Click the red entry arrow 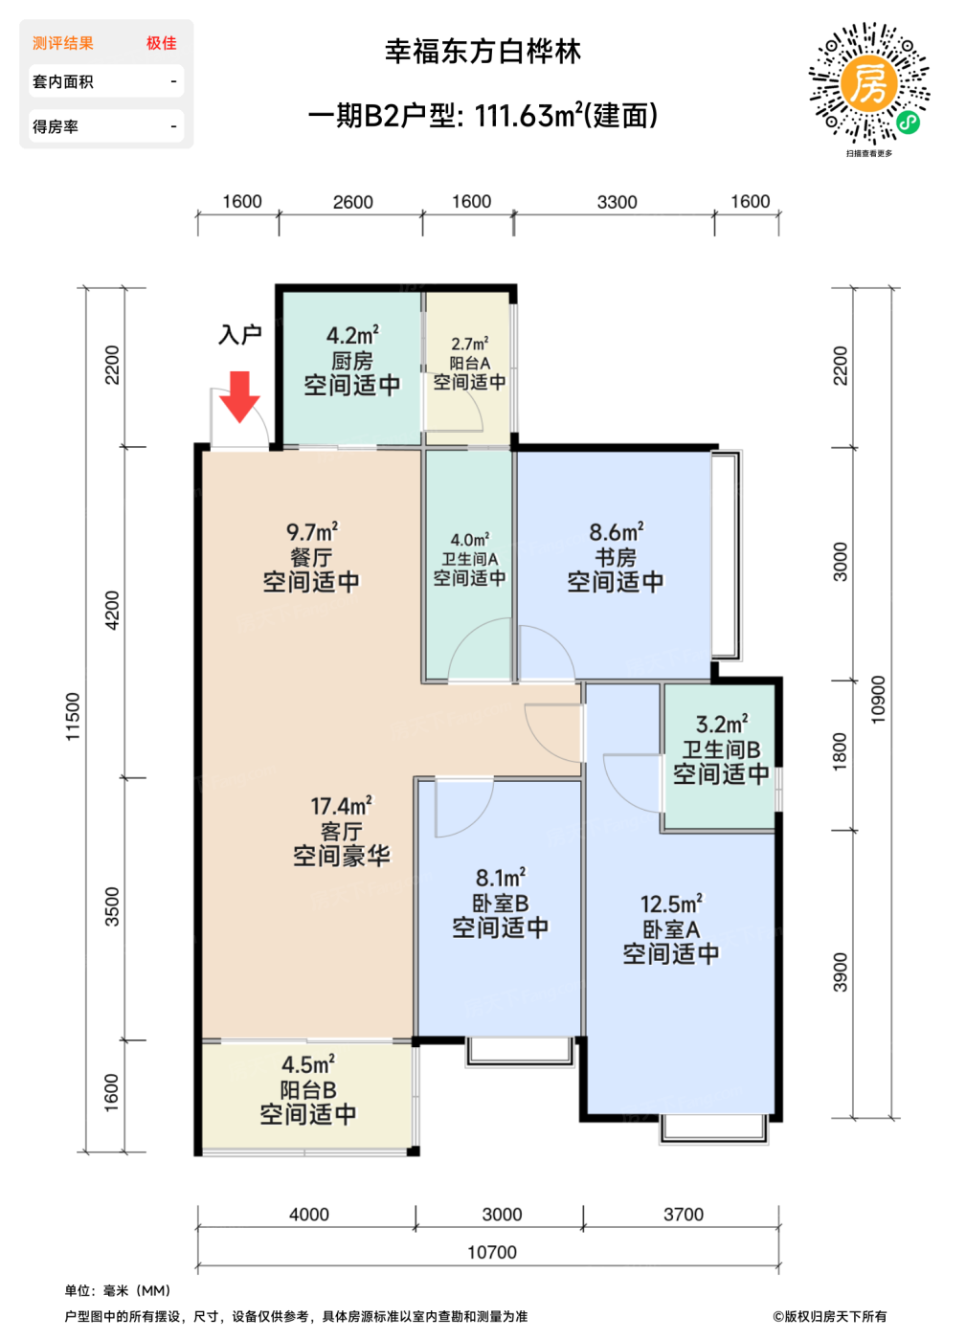pos(239,396)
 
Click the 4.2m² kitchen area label pos(352,336)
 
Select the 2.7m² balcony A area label pos(470,344)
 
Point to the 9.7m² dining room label pos(312,531)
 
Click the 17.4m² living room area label pos(341,806)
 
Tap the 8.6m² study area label pos(617,531)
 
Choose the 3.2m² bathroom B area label pos(722,724)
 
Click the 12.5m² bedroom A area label pos(672,904)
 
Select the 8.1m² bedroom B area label pos(501,879)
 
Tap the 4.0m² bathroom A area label pos(470,540)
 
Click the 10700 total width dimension pos(492,1252)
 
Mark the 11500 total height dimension pos(73,717)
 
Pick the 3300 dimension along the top pos(618,202)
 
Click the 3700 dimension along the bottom pos(684,1215)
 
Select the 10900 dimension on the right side pos(877,700)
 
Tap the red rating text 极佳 pos(162,43)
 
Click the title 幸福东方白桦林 pos(483,52)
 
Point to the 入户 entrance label pos(240,334)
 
